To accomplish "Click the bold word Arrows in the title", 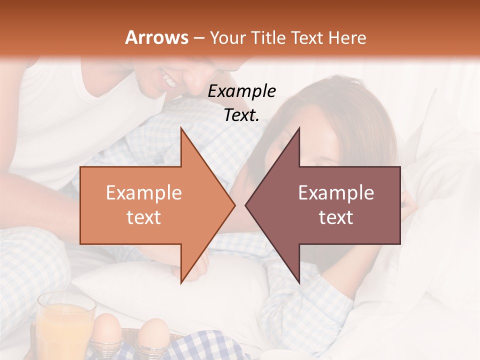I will [x=157, y=37].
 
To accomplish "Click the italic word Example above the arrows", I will [x=241, y=91].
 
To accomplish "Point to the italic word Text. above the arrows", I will [x=241, y=115].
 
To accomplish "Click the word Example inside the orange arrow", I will [x=144, y=193].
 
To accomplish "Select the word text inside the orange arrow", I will [x=144, y=217].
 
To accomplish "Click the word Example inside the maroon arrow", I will [x=336, y=193].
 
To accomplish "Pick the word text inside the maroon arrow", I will [x=336, y=217].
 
